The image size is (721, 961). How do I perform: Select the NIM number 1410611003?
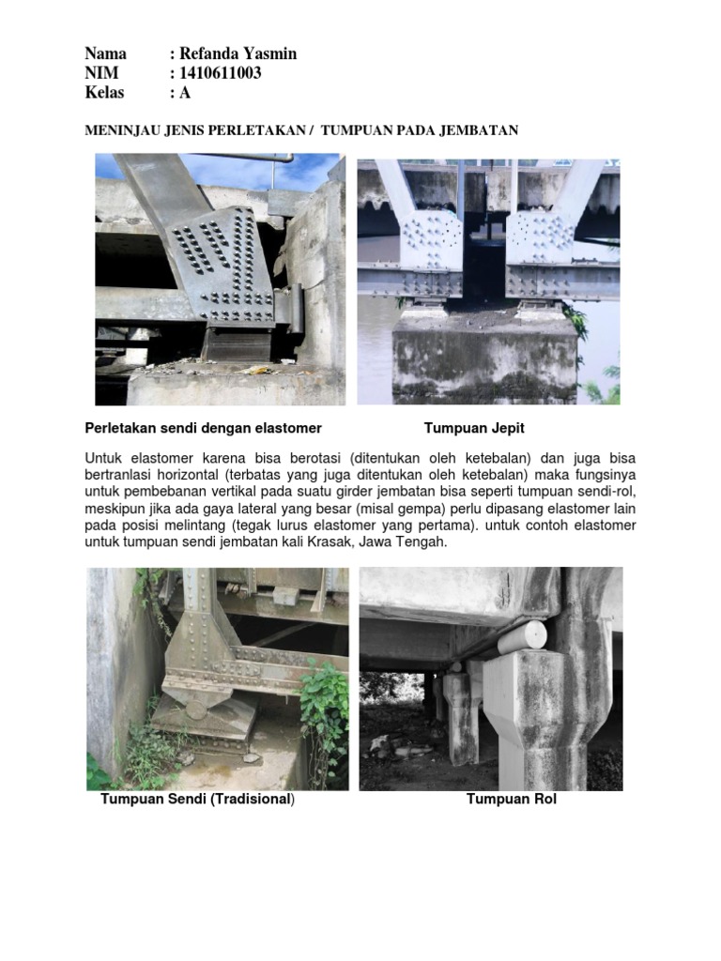220,73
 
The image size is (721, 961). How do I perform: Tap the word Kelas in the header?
104,93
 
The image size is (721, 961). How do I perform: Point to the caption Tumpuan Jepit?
474,428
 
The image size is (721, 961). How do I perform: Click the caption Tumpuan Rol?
512,800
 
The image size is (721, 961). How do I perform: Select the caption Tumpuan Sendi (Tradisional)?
197,800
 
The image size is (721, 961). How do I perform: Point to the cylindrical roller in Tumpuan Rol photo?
521,637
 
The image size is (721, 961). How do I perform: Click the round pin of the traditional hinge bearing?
195,709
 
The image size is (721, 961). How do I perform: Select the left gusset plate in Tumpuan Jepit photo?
431,241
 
